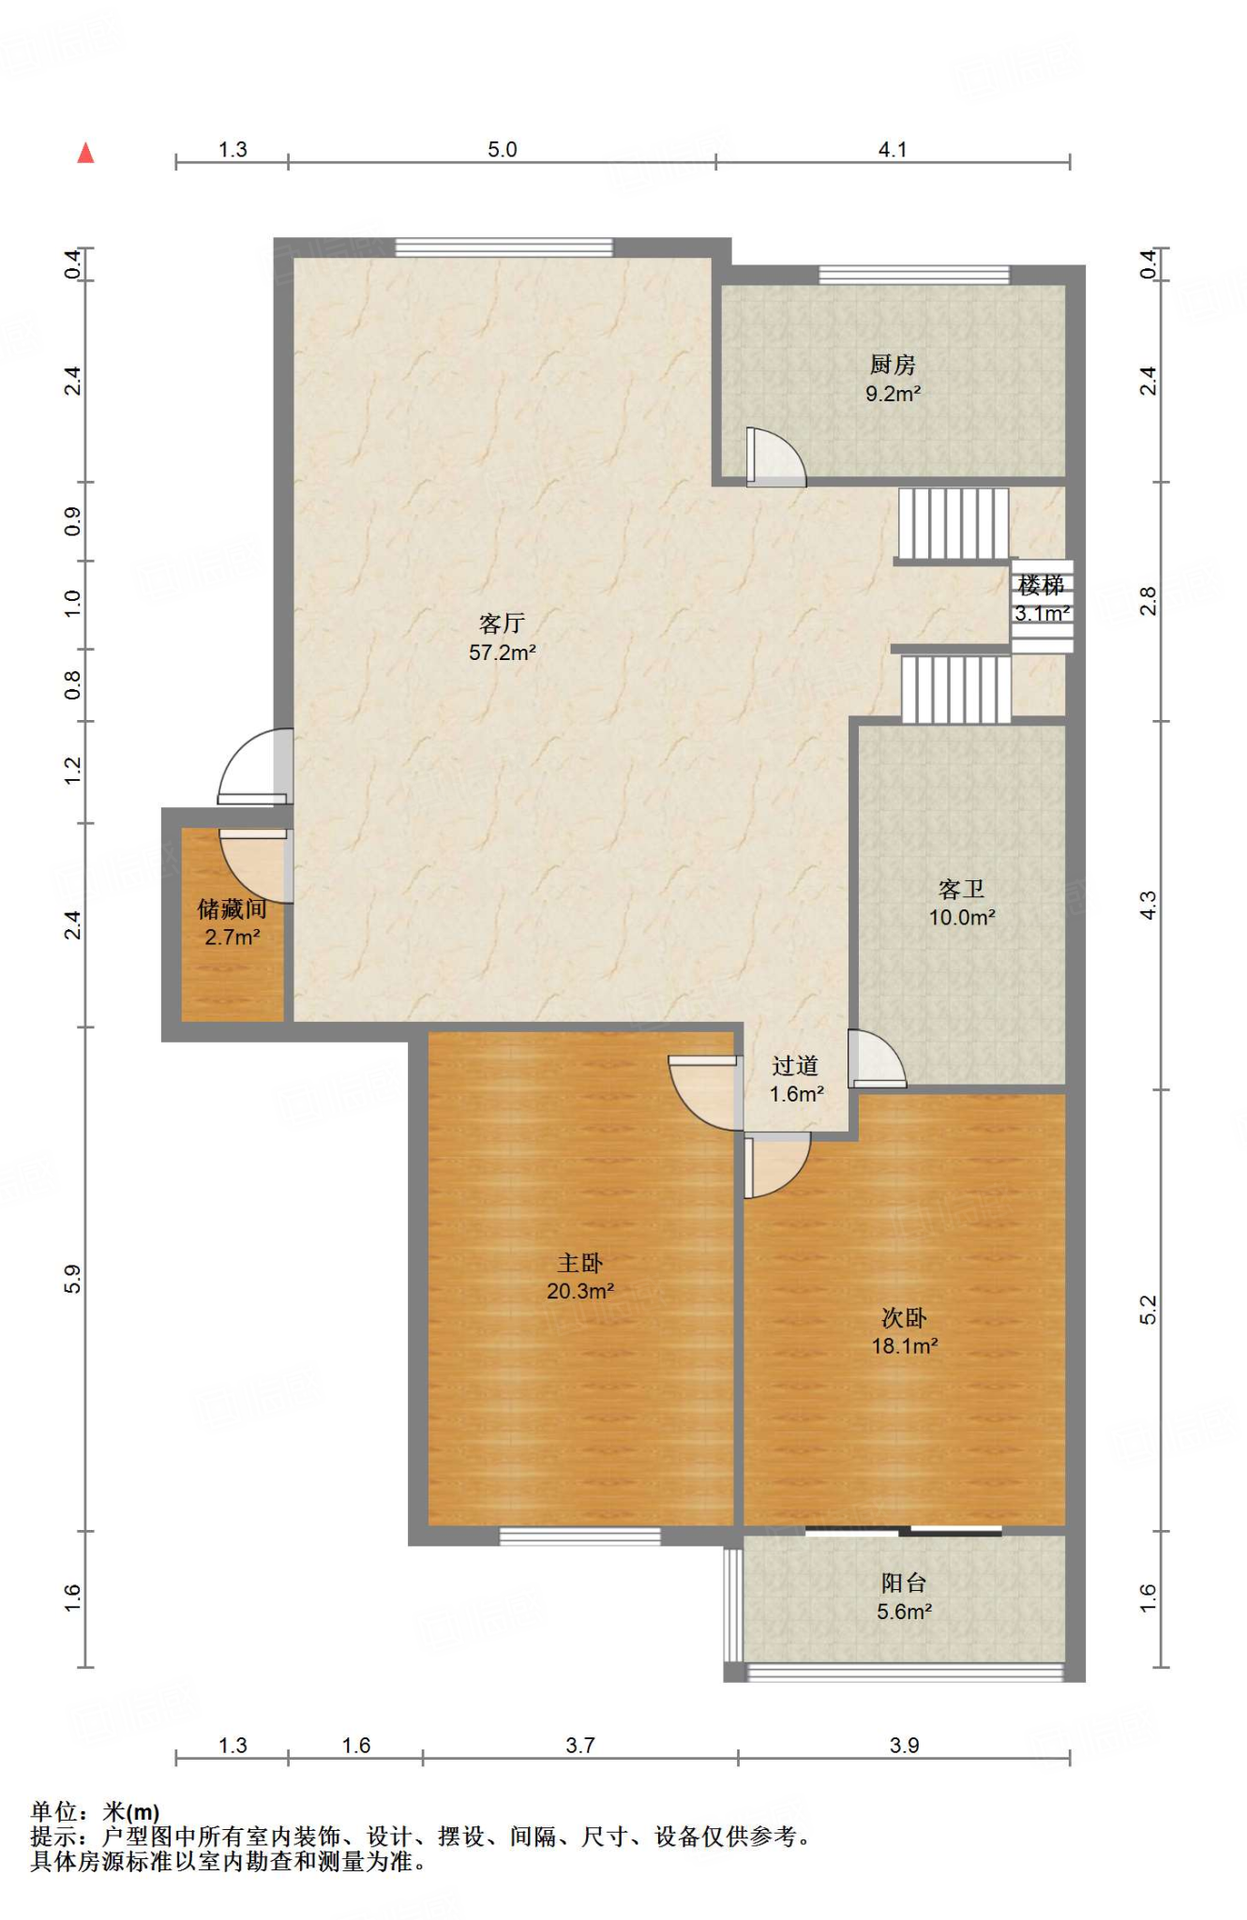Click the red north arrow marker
[x=85, y=153]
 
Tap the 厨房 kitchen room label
[x=893, y=364]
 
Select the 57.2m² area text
[x=503, y=652]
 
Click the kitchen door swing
[x=775, y=457]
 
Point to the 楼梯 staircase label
[x=1041, y=586]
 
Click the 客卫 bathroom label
[x=962, y=889]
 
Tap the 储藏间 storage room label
[x=232, y=908]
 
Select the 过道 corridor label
[x=796, y=1066]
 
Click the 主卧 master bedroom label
[x=580, y=1263]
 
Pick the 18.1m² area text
[x=905, y=1346]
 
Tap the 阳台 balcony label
[x=904, y=1583]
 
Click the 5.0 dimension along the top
[x=503, y=150]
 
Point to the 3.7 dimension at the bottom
[x=580, y=1746]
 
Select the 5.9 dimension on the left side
[x=72, y=1280]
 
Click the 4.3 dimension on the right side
[x=1149, y=905]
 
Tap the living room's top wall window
[x=503, y=247]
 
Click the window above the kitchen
[x=914, y=275]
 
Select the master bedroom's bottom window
[x=580, y=1537]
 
